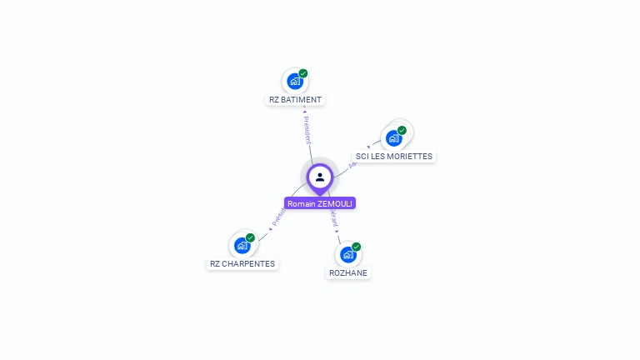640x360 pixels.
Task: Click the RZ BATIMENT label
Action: click(295, 100)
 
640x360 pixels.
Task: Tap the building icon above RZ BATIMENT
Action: click(294, 81)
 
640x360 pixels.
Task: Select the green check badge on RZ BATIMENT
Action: click(303, 73)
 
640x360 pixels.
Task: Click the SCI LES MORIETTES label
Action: click(394, 157)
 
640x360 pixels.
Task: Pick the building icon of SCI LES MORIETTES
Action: click(393, 137)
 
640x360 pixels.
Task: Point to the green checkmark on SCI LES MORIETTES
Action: click(402, 130)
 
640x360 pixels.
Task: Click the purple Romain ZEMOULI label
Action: click(320, 203)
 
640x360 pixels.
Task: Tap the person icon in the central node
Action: click(320, 177)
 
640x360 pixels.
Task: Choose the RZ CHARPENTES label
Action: click(242, 264)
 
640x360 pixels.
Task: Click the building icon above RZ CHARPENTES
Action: click(242, 245)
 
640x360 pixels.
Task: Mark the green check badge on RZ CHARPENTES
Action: click(250, 237)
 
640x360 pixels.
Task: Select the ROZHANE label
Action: click(348, 273)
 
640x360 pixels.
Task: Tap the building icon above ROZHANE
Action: click(348, 254)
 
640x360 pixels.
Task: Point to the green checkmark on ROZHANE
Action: click(357, 247)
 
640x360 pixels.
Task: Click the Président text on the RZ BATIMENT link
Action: click(307, 130)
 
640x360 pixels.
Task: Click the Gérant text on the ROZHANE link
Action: click(333, 218)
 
